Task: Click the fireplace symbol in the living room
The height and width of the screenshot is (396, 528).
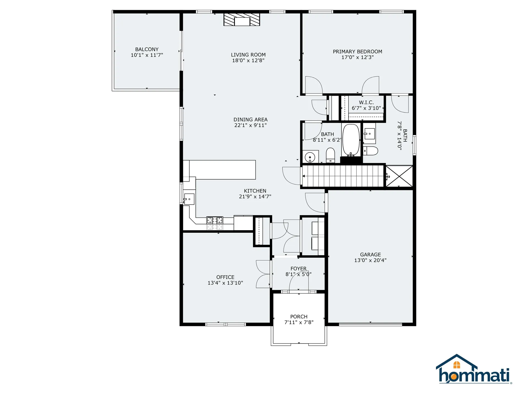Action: (242, 20)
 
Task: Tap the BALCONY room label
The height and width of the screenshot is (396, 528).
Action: (147, 49)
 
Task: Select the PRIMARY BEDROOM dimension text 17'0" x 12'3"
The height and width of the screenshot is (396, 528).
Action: (358, 57)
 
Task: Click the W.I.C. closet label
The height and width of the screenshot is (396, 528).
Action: (366, 102)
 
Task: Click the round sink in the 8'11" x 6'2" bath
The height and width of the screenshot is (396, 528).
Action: (310, 157)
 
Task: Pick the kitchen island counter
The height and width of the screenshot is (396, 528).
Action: (222, 170)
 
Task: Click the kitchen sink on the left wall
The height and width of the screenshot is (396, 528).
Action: (189, 199)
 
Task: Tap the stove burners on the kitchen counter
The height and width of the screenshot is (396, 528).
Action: (215, 220)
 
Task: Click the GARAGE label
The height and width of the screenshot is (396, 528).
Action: (370, 255)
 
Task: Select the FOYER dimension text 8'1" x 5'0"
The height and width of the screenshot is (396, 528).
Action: (298, 274)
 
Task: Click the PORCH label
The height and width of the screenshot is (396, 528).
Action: (299, 317)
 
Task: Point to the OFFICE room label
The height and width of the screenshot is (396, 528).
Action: (225, 277)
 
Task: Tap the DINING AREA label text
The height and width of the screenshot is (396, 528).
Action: (250, 120)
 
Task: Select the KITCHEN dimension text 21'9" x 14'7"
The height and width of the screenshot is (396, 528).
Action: (255, 196)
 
